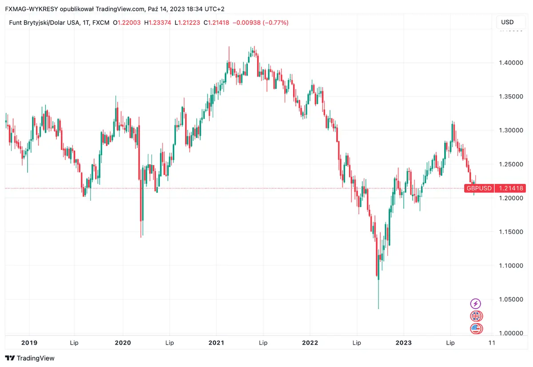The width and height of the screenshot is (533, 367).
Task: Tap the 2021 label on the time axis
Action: pos(216,343)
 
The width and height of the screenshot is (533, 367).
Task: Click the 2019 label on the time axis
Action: pos(29,343)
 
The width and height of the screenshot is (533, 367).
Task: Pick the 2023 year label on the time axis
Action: pos(403,343)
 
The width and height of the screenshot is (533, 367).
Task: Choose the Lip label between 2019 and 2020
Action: pos(76,343)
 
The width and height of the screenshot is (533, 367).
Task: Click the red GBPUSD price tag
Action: pos(478,188)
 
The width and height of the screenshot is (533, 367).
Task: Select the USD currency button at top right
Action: pos(507,22)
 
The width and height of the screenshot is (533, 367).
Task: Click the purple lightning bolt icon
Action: pos(476,304)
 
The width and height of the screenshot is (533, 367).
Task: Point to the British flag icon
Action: pos(476,316)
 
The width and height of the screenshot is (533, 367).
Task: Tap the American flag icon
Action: pos(476,329)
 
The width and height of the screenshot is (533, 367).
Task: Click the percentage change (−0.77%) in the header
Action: pos(275,22)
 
